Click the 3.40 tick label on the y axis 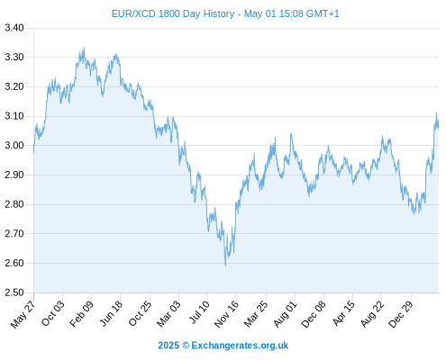click(x=14, y=28)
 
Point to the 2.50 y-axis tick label click(x=14, y=292)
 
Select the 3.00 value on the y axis click(x=14, y=146)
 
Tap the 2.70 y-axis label click(x=14, y=234)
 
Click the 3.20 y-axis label click(x=14, y=86)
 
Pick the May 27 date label click(x=23, y=314)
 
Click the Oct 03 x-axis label click(x=53, y=313)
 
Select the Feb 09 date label click(x=81, y=314)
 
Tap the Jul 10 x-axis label click(x=199, y=312)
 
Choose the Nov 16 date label click(x=226, y=314)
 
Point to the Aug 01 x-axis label click(x=286, y=314)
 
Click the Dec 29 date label click(x=401, y=314)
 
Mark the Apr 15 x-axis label click(x=344, y=313)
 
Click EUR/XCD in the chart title click(x=133, y=13)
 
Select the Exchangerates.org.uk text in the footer click(x=240, y=346)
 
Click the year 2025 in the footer click(x=168, y=346)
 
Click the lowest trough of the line click(x=225, y=265)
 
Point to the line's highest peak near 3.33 click(x=84, y=48)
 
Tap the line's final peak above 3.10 click(x=436, y=112)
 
